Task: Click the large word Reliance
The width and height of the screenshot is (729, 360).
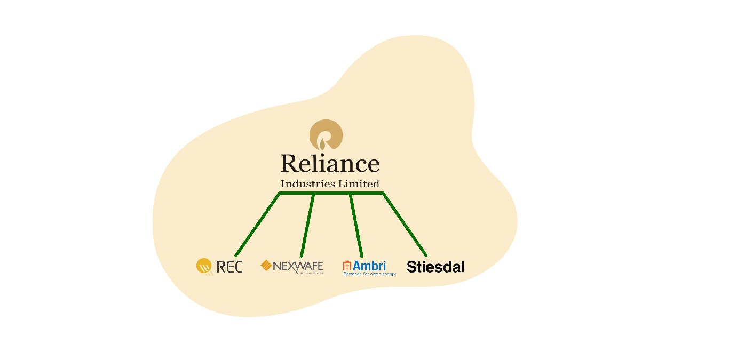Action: (x=330, y=164)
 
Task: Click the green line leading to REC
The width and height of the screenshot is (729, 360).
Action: (x=257, y=225)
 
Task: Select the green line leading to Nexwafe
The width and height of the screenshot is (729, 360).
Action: (x=307, y=225)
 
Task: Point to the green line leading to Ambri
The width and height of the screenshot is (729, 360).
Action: (x=356, y=225)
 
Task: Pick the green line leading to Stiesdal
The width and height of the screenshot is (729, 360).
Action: (x=405, y=225)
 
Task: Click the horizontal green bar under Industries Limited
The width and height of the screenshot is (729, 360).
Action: (x=331, y=193)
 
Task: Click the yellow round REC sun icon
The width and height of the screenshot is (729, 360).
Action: (x=204, y=266)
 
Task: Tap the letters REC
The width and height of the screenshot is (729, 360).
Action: (x=229, y=267)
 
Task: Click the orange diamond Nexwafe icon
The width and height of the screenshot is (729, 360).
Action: (x=266, y=265)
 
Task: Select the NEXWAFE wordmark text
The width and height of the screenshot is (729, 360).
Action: (x=298, y=266)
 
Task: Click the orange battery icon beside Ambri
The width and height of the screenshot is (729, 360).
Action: (x=347, y=265)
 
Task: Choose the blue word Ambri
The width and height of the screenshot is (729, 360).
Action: (x=369, y=265)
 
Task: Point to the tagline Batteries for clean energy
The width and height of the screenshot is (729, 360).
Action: (x=369, y=274)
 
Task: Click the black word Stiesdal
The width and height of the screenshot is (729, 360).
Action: (x=435, y=267)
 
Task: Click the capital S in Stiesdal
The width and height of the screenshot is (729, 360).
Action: (x=411, y=267)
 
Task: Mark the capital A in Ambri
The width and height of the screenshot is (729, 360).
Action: (x=356, y=265)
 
